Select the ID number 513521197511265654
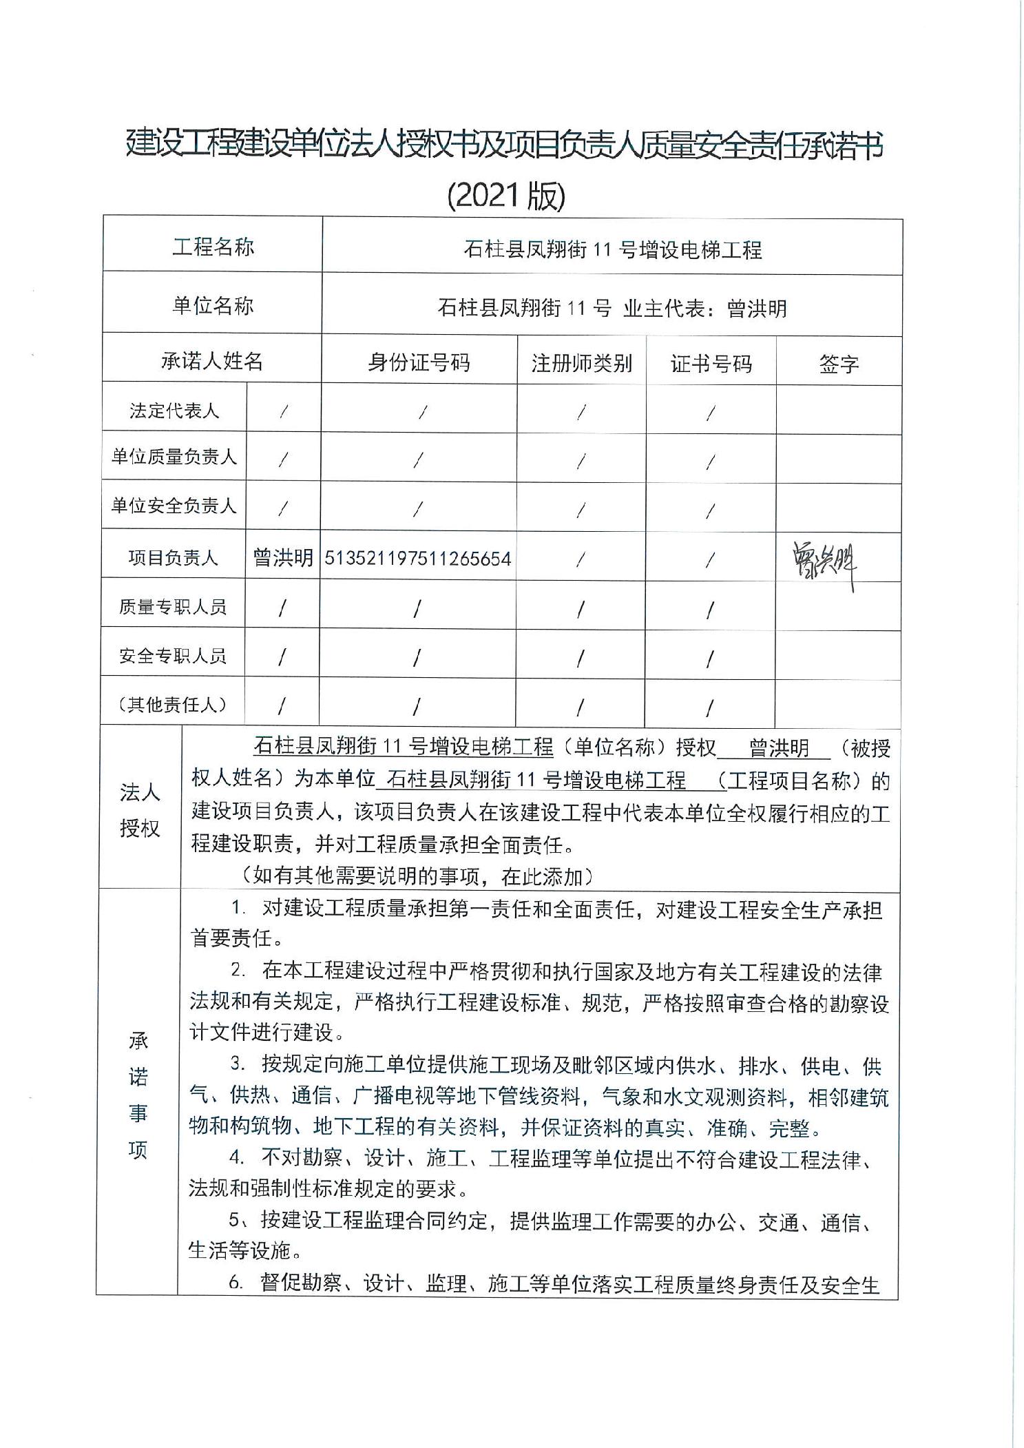(418, 558)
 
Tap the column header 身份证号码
(419, 362)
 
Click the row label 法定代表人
(174, 411)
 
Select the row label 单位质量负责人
(174, 457)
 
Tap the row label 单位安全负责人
(174, 506)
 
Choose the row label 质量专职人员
(173, 607)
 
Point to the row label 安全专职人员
(173, 656)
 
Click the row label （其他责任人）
(173, 705)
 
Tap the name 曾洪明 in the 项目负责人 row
(283, 557)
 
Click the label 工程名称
(213, 247)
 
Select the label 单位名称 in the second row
(213, 305)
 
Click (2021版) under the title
(506, 196)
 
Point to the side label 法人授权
(140, 810)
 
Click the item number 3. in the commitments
(238, 1065)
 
